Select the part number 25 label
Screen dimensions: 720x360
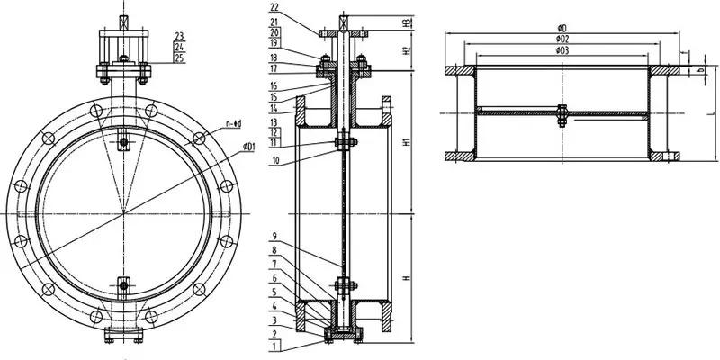(x=181, y=58)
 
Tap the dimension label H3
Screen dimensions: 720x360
(x=408, y=22)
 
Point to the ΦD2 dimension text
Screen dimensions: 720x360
(x=562, y=40)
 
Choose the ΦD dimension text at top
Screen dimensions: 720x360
(x=562, y=29)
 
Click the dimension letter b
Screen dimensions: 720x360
(x=699, y=70)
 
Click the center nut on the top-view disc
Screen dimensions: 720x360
(x=562, y=112)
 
